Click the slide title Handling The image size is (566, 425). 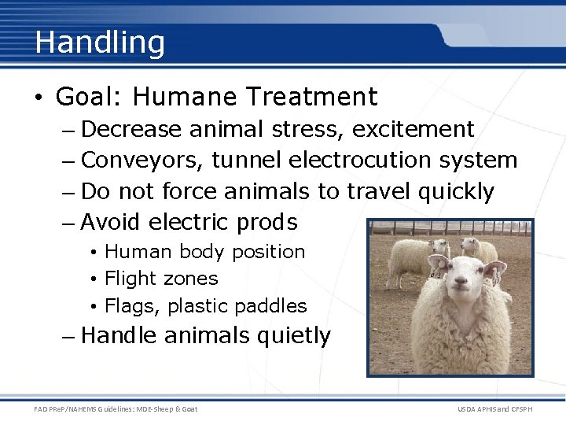pos(100,42)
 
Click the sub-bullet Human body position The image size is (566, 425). pos(204,252)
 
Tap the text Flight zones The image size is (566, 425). pos(161,279)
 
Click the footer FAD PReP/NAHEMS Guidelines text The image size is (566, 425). pos(116,408)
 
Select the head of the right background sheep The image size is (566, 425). pos(472,246)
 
